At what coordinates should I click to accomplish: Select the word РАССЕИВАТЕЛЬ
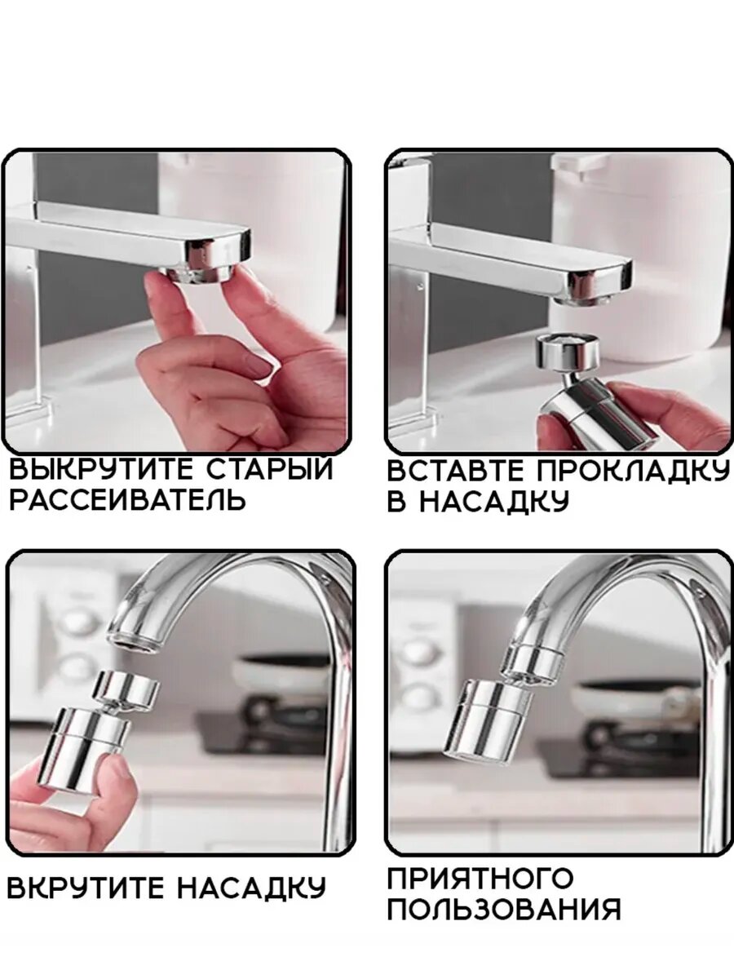click(127, 499)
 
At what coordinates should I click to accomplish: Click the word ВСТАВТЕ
click(455, 470)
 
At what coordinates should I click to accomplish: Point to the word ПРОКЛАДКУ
click(631, 471)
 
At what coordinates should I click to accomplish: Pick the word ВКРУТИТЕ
click(86, 888)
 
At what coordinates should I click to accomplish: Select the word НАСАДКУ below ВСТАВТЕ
click(495, 501)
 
